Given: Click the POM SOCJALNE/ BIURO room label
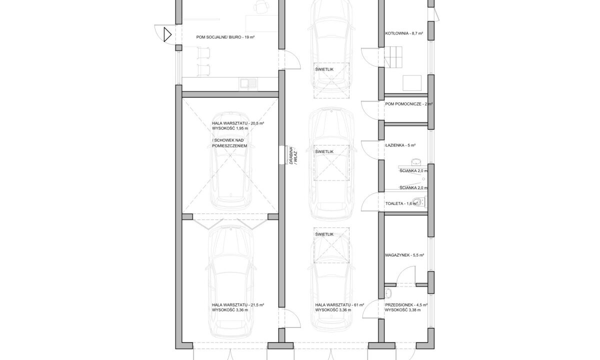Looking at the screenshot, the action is [225, 37].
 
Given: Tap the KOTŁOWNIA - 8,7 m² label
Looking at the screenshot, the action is [404, 33].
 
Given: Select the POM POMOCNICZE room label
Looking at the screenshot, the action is [409, 104].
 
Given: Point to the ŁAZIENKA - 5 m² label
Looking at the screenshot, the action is [400, 145].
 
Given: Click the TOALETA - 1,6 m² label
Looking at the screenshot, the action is [401, 203].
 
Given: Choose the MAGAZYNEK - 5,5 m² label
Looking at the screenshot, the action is [404, 255].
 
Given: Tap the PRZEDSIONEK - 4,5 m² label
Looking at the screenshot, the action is [406, 305].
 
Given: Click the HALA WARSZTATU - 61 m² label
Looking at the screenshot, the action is [339, 305].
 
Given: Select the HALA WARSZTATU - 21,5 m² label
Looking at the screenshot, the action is [238, 305].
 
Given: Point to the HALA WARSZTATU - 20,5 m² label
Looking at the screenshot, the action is [238, 123].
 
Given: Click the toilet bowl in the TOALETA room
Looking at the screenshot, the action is [418, 202].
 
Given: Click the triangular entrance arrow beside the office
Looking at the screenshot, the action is [167, 34].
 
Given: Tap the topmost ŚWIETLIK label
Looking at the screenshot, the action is [324, 69].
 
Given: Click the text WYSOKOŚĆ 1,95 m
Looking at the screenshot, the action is [230, 128].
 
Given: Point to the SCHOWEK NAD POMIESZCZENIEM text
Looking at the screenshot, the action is [229, 143].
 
